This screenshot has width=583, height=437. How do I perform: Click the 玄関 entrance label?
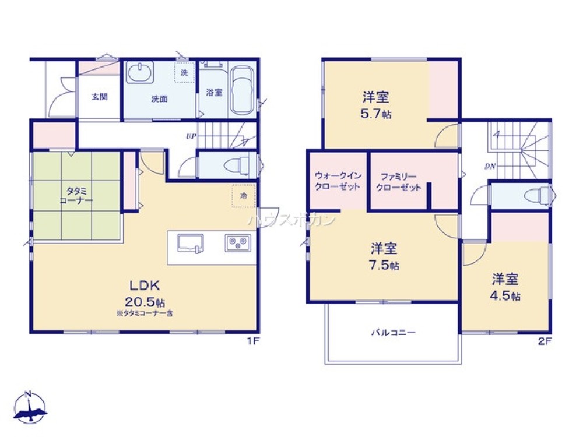point(99,97)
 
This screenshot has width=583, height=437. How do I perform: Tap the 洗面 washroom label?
point(159,99)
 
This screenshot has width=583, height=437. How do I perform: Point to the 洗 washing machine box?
point(184,73)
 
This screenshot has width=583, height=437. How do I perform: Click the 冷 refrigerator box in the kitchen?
point(243,196)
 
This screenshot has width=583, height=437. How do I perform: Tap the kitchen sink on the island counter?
point(190,243)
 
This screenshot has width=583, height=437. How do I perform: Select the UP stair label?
point(190,138)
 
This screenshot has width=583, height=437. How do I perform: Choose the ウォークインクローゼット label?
point(338,181)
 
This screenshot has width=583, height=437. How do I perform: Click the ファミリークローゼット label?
point(399,181)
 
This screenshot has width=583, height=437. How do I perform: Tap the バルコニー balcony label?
point(394,333)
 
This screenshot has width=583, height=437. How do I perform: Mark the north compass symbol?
point(30,406)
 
